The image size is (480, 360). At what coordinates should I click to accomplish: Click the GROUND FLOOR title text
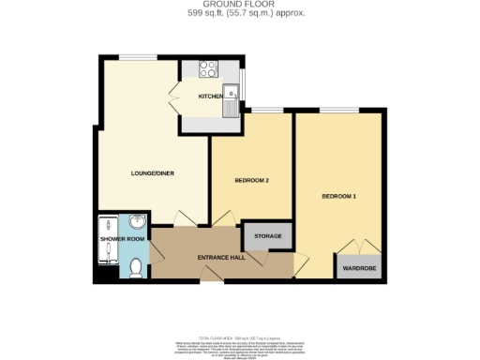(239, 4)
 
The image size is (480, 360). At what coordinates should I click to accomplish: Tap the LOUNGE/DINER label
(152, 172)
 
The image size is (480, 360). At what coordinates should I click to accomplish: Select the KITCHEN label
(209, 97)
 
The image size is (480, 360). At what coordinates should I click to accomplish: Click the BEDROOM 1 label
(338, 196)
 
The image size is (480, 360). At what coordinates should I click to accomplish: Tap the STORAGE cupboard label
(268, 235)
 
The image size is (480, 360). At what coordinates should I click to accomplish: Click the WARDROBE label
(358, 268)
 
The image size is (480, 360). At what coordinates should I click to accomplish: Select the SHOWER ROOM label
(123, 239)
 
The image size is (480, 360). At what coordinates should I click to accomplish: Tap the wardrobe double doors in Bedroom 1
(358, 247)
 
